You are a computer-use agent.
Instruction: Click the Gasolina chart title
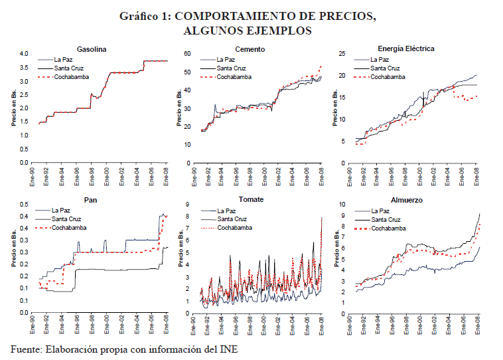tap(92, 49)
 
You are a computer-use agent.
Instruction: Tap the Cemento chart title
tap(250, 49)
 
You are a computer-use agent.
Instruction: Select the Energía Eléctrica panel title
tap(406, 49)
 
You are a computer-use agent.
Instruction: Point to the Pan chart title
tap(92, 199)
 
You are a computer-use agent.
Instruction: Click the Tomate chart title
tap(250, 199)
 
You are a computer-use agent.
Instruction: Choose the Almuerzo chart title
tap(406, 199)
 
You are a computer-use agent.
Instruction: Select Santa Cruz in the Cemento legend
tap(233, 68)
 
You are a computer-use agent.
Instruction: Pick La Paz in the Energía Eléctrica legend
tap(382, 59)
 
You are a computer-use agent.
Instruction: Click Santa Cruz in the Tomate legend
tap(233, 219)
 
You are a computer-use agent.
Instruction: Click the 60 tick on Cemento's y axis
tap(186, 54)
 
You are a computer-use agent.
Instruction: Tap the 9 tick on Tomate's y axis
tap(188, 205)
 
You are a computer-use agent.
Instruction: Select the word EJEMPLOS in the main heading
tap(279, 31)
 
